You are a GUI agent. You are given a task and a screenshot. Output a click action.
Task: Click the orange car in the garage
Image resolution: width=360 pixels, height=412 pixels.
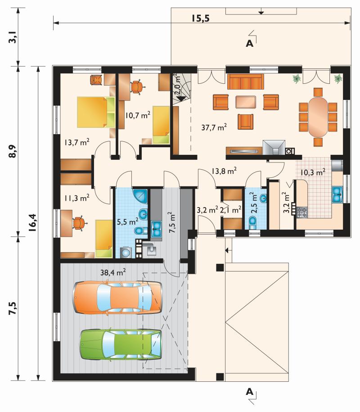tap(117, 298)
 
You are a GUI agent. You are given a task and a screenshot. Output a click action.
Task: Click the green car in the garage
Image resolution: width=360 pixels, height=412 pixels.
tap(120, 344)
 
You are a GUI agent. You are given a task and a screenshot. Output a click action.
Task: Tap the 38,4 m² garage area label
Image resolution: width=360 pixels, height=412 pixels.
tap(113, 272)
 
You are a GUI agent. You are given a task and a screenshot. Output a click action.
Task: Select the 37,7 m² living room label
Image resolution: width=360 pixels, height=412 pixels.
tap(214, 127)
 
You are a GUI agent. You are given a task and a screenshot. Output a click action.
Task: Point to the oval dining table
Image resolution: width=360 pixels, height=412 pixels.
tap(318, 117)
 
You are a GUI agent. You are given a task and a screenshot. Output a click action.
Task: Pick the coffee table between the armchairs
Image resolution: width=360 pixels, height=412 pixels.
tap(246, 102)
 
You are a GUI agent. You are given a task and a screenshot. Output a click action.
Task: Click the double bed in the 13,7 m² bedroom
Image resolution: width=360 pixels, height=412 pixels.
tap(96, 112)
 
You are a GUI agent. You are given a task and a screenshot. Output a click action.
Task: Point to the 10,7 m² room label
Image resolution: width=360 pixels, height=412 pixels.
tap(138, 115)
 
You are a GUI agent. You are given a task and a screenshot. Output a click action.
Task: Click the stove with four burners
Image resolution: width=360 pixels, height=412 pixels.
tap(301, 213)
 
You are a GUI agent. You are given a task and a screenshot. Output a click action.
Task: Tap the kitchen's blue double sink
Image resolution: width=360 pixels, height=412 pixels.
tap(337, 195)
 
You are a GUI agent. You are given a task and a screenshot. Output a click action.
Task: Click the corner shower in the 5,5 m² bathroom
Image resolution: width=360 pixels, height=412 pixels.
tap(141, 196)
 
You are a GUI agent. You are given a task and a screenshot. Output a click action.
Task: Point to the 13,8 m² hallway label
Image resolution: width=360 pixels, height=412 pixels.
tap(224, 171)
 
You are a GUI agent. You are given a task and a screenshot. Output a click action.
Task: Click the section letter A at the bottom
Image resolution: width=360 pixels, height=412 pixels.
tap(249, 392)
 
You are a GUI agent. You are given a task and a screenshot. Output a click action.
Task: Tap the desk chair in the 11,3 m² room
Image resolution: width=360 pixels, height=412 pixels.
tap(79, 223)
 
